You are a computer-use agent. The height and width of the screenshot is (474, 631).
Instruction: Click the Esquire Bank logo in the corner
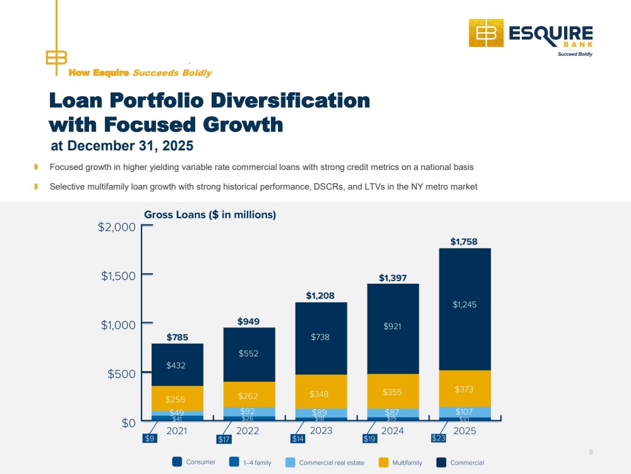pos(531,37)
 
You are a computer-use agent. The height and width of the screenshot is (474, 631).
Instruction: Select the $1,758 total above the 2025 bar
pos(464,241)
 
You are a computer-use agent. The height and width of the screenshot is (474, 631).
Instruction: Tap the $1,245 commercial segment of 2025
pos(465,309)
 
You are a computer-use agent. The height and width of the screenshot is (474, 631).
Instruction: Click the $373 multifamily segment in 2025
pos(465,389)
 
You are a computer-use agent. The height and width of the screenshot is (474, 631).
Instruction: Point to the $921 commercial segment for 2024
pos(393,329)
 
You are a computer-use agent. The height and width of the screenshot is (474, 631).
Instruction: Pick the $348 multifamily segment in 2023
pos(321,392)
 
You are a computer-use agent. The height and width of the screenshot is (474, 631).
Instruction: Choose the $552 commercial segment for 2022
pos(249,355)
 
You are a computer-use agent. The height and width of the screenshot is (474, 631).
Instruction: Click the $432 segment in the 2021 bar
pos(177,365)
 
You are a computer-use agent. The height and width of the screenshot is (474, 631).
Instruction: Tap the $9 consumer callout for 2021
pos(150,438)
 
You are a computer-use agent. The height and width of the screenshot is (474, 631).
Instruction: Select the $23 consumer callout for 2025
pos(438,438)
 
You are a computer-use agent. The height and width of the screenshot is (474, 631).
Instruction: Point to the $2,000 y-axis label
pos(117,227)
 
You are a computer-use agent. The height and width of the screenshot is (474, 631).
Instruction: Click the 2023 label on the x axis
pos(321,431)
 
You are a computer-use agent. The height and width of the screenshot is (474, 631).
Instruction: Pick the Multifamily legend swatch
pos(383,463)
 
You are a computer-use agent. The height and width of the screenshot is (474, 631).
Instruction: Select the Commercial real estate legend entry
pos(325,463)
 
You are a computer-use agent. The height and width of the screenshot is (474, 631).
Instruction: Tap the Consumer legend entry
pos(193,462)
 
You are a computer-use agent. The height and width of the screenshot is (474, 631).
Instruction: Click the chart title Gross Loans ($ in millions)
pos(210,215)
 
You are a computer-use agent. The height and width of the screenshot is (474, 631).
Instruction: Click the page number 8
pos(591,452)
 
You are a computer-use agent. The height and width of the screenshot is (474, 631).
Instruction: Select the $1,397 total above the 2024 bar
pos(393,278)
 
